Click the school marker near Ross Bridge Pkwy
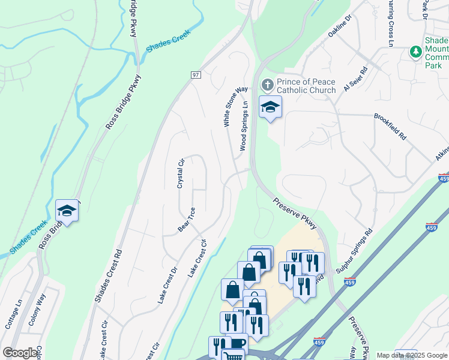pos(67,211)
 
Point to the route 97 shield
pos(196,74)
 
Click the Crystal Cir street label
pos(180,174)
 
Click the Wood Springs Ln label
pos(244,126)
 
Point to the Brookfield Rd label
pos(390,127)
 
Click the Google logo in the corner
pos(20,353)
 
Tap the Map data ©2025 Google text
pos(412,355)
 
